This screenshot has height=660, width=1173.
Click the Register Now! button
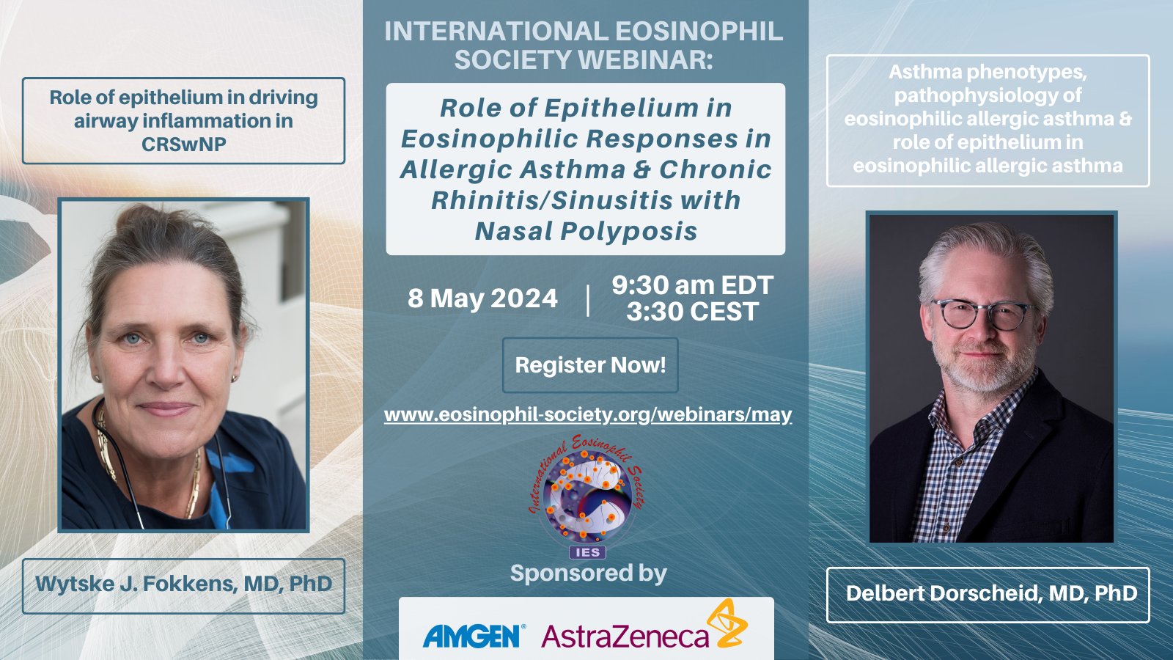(x=590, y=365)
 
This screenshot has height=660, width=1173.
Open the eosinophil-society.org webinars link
(x=588, y=414)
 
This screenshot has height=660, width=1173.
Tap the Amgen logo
(x=474, y=636)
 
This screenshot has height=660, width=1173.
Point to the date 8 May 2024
(x=482, y=298)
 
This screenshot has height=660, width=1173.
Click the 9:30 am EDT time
(x=692, y=285)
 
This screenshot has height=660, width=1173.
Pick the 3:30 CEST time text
(x=692, y=312)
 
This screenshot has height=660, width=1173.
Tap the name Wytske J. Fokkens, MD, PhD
(x=183, y=584)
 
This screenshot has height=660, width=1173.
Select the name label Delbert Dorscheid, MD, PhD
(x=991, y=593)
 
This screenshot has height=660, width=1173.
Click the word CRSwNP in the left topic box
(x=183, y=144)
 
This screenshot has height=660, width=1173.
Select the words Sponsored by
(x=588, y=573)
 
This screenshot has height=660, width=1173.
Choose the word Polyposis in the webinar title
(x=628, y=232)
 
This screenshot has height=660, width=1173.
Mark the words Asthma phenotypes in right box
(x=987, y=72)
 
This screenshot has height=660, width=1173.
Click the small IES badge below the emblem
(x=587, y=552)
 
